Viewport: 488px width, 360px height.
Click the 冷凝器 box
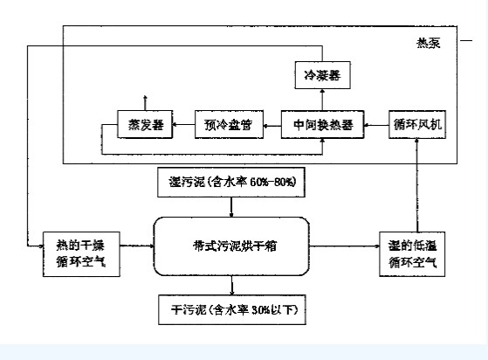(x=318, y=77)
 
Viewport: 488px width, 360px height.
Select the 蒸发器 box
(x=144, y=126)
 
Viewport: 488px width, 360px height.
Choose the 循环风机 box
(x=417, y=126)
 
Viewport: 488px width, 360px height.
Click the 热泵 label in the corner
(x=452, y=42)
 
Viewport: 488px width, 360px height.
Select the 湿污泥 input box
(x=230, y=183)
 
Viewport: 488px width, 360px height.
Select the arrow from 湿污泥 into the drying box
(x=231, y=207)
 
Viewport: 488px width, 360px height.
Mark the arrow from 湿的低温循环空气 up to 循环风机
(x=420, y=183)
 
